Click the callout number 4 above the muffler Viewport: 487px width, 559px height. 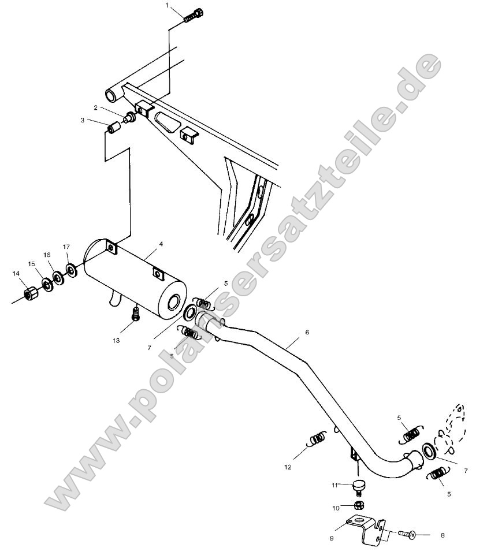[161, 244]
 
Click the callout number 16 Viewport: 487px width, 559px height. [47, 255]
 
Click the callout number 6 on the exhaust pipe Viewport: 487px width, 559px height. [307, 333]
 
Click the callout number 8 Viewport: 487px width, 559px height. [443, 535]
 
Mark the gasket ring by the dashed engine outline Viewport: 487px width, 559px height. [429, 451]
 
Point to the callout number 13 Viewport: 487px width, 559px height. [116, 341]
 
